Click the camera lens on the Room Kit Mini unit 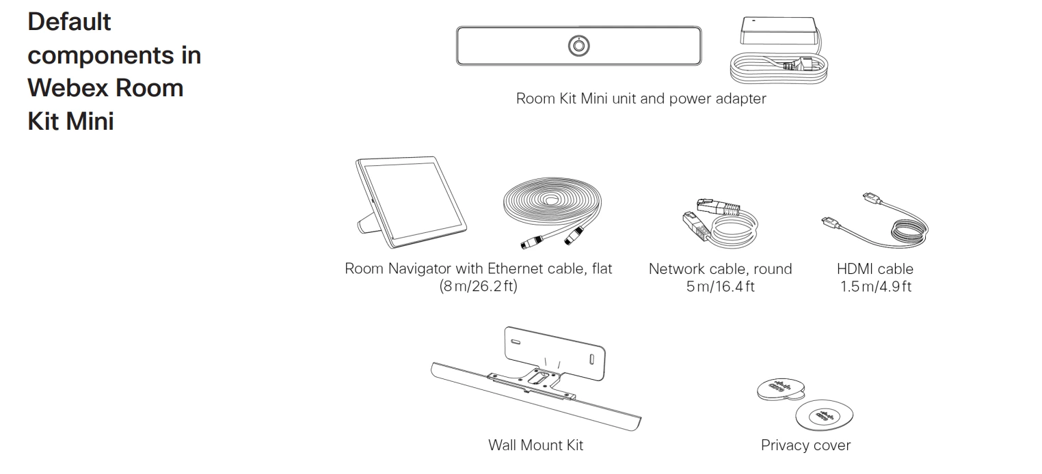click(579, 46)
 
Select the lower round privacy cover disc click(825, 415)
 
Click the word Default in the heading click(69, 22)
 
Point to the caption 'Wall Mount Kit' click(535, 445)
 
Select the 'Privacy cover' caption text click(805, 445)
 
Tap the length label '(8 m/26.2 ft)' click(478, 287)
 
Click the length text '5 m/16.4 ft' click(720, 287)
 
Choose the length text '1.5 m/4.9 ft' click(876, 287)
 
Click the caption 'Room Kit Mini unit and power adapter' click(641, 98)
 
